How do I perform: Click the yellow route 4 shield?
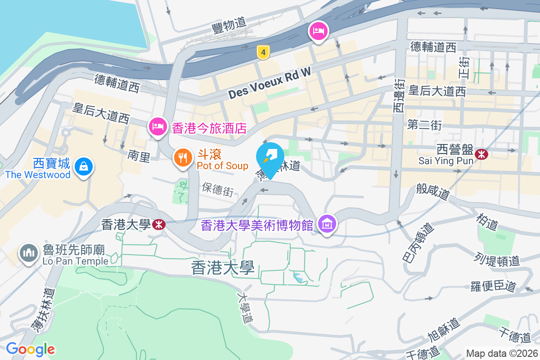[x=263, y=53]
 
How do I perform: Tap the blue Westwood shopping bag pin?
[x=84, y=166]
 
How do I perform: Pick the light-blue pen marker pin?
[x=270, y=157]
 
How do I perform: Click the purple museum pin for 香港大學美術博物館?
[x=327, y=223]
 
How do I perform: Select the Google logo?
[x=30, y=349]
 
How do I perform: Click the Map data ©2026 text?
[x=502, y=353]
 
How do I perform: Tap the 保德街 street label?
[x=218, y=189]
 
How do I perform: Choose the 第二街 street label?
[x=424, y=126]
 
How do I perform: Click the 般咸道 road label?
[x=433, y=192]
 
